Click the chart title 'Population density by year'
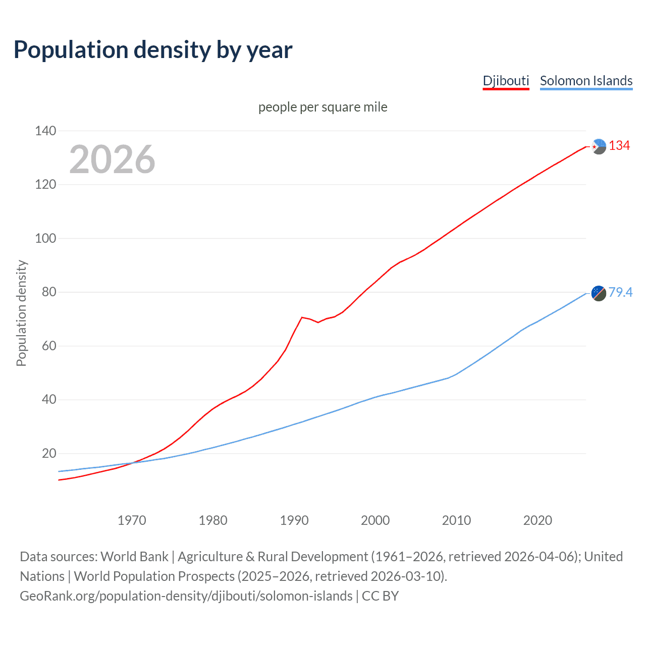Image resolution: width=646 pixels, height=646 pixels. (153, 49)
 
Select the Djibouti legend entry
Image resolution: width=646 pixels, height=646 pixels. (506, 81)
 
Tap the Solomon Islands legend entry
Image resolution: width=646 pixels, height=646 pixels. (586, 81)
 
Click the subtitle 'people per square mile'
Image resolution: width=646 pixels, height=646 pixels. (322, 107)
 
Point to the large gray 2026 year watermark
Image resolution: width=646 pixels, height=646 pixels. (112, 159)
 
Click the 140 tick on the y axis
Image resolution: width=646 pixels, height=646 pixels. (45, 131)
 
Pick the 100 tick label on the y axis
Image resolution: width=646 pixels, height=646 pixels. (45, 238)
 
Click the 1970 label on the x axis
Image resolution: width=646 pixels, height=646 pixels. (132, 520)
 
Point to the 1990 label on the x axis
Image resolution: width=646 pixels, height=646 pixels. (294, 520)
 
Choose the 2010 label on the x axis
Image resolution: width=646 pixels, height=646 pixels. (456, 520)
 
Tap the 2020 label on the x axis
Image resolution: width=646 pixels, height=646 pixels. (537, 520)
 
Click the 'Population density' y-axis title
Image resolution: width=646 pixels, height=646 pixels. (21, 313)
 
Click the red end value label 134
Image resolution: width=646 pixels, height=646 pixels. (619, 146)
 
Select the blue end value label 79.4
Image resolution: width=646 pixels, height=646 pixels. (620, 292)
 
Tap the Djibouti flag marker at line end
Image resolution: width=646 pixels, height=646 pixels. (599, 146)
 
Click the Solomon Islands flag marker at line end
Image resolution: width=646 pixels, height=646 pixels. (599, 293)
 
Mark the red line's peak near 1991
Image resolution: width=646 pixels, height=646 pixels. (302, 317)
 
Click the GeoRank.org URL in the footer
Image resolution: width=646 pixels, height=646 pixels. (186, 596)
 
